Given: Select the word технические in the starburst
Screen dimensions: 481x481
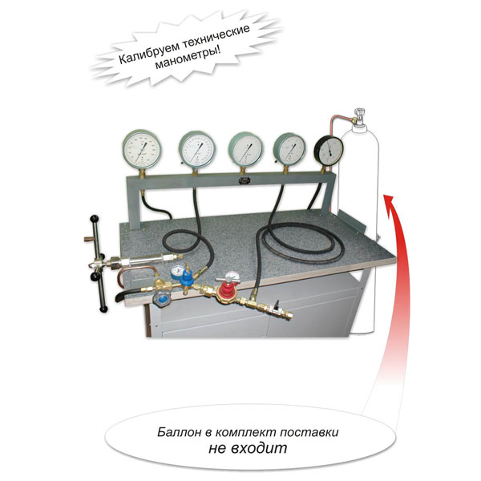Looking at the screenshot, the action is point(216,35).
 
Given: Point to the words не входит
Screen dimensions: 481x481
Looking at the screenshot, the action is point(248,448).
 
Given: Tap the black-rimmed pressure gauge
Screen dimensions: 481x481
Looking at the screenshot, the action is point(329,152).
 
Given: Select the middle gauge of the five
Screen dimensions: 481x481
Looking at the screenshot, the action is point(246,150).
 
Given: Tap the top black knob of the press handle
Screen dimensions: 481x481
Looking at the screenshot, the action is point(95,219).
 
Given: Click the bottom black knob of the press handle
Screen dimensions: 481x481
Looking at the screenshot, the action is point(103,309).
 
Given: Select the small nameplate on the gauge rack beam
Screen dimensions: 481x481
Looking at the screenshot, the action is point(245,180).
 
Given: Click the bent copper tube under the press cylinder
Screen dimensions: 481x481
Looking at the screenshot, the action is point(135,275).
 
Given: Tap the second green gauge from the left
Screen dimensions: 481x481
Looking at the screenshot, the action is point(197,149).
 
